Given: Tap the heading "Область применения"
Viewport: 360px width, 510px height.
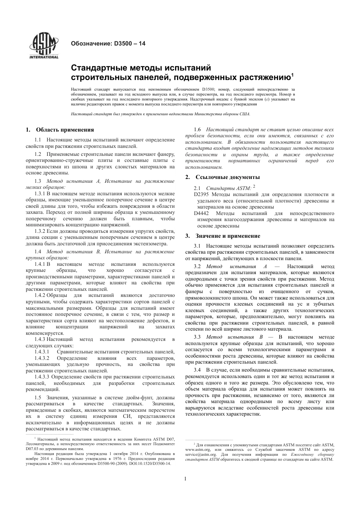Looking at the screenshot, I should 65,130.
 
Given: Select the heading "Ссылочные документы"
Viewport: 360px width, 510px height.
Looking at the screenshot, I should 227,177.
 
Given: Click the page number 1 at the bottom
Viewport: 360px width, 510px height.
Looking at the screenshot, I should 185,479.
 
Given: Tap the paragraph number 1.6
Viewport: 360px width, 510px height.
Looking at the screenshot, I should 197,130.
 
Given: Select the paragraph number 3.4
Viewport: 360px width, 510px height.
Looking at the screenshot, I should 197,370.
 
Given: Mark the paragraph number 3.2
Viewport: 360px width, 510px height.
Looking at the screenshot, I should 197,267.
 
